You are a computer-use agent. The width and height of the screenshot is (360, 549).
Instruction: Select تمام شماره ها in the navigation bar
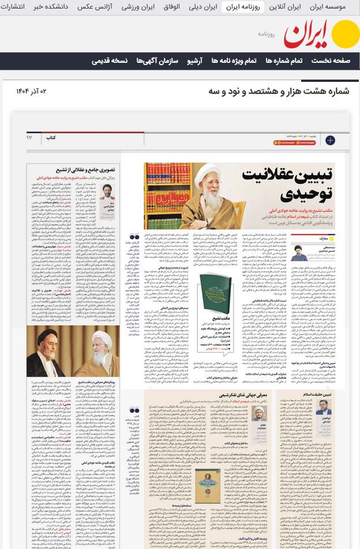pyautogui.click(x=283, y=61)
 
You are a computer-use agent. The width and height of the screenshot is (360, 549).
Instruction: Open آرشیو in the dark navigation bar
pyautogui.click(x=198, y=61)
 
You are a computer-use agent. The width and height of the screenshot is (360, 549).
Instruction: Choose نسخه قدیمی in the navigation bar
pyautogui.click(x=111, y=61)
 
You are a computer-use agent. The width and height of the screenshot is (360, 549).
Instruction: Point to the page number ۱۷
pyautogui.click(x=29, y=138)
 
